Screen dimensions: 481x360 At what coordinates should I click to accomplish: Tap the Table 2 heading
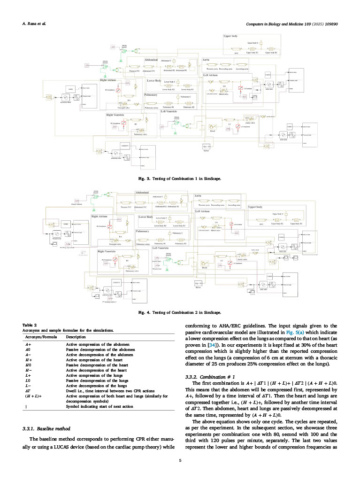tap(30, 325)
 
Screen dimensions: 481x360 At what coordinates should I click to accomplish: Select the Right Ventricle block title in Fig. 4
tap(107, 251)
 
